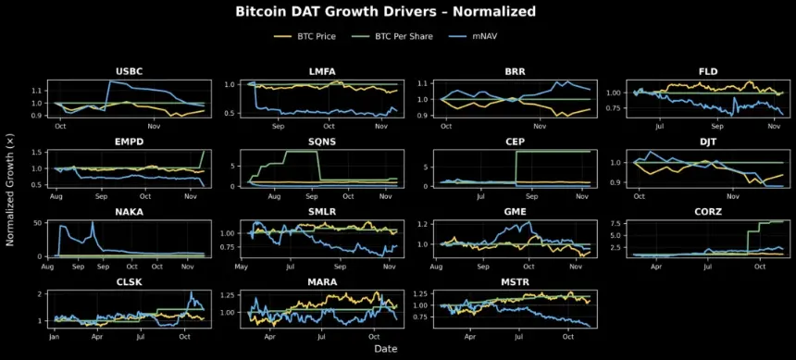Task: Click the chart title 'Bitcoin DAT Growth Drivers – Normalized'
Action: coord(385,12)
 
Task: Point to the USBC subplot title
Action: coord(129,71)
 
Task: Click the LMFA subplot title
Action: coord(320,71)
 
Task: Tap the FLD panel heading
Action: coord(706,71)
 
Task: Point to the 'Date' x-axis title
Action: coord(386,348)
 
